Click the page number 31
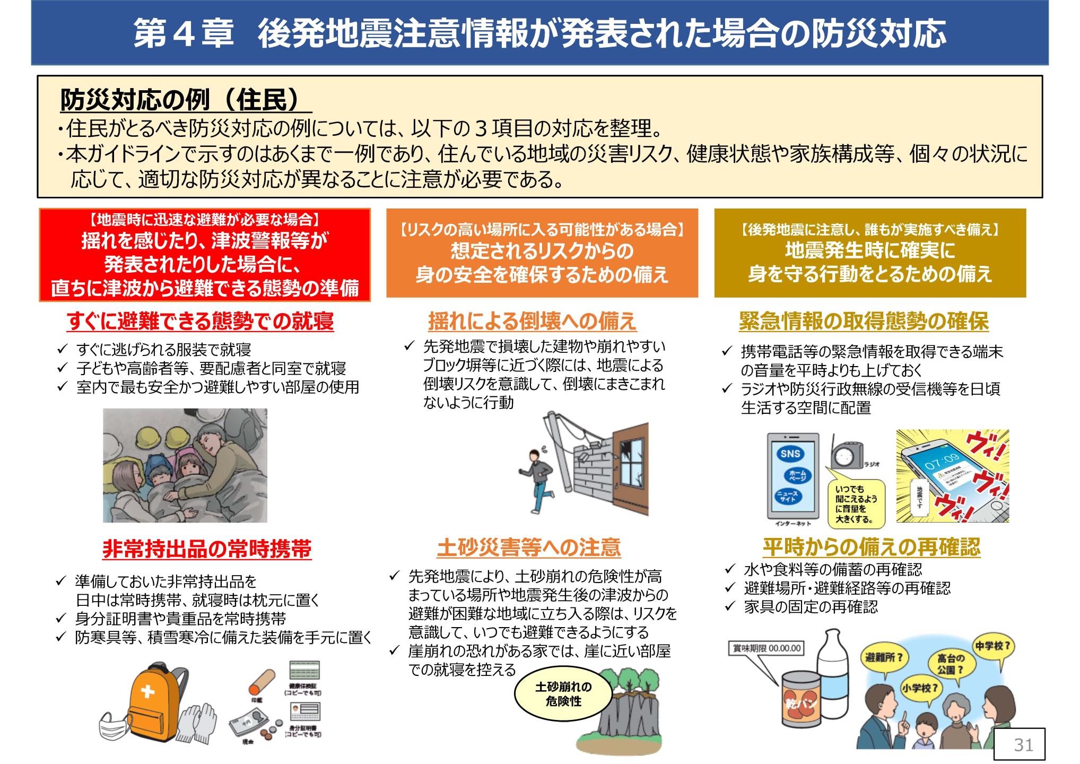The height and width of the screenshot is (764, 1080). click(1023, 745)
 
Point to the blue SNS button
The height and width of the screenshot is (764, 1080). click(790, 453)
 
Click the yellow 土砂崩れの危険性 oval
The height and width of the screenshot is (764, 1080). click(563, 694)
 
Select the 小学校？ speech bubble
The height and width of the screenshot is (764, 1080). click(919, 688)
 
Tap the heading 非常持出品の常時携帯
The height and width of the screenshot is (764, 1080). click(207, 549)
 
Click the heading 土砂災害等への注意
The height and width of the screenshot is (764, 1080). click(529, 548)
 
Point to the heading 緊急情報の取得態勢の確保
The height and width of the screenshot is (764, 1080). click(864, 321)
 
